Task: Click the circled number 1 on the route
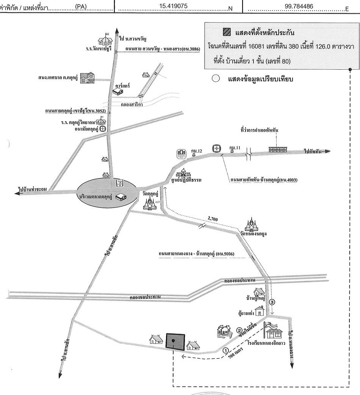(226, 350)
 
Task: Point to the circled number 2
(239, 329)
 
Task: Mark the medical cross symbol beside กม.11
(216, 148)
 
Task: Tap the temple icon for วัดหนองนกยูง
(251, 224)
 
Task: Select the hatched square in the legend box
(227, 32)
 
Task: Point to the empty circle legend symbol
(216, 79)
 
